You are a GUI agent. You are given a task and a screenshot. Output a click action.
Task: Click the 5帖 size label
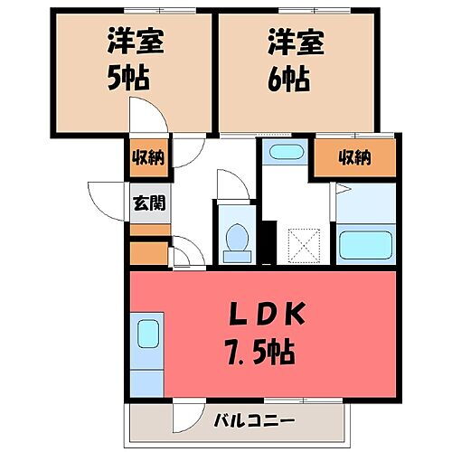127,78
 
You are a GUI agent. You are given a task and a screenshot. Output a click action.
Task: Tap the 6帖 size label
288,78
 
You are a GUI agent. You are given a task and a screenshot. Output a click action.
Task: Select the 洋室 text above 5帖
126,42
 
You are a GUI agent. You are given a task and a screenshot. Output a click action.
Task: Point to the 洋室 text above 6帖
288,42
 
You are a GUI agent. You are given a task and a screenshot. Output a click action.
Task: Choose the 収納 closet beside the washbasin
354,157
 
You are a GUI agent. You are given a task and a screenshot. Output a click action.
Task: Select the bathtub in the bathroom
365,244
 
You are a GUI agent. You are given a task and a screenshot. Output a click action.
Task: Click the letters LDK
268,315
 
